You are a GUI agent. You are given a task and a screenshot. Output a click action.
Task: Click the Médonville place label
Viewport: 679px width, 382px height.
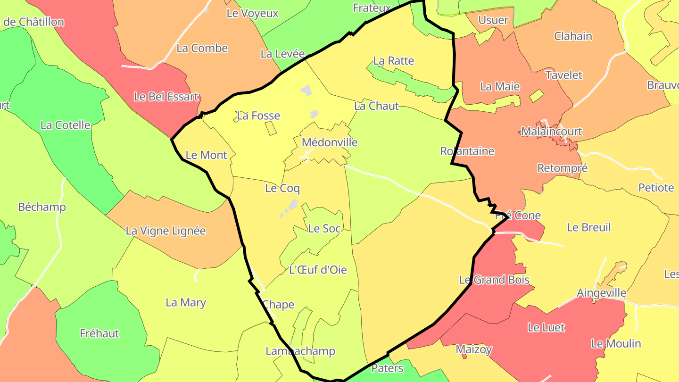pos(330,142)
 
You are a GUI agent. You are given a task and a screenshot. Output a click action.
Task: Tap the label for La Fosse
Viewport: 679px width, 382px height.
pos(258,116)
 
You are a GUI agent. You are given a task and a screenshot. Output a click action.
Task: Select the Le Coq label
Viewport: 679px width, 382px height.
pos(282,189)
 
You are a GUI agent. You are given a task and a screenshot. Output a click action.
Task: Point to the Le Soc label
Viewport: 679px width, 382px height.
pos(324,229)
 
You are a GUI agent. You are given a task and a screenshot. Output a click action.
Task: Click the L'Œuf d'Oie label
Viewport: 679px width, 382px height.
pos(318,270)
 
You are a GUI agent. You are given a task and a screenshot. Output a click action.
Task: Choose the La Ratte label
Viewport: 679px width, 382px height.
pos(393,61)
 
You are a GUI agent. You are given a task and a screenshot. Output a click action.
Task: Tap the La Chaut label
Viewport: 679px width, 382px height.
pos(376,106)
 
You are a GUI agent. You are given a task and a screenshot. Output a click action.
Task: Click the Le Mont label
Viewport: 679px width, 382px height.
pos(206,155)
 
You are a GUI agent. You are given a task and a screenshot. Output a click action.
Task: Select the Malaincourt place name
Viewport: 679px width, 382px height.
pos(551,132)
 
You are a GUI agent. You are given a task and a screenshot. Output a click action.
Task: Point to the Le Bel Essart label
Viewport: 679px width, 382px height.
pos(166,97)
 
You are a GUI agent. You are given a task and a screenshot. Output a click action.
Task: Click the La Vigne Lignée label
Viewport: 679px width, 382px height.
pos(166,231)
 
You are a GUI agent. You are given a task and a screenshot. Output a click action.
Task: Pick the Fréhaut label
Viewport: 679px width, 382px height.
pos(99,333)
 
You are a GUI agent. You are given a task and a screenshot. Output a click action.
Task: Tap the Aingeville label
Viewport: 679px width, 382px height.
pos(601,293)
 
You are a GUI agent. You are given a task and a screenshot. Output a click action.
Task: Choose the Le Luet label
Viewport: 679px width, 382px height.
pos(546,327)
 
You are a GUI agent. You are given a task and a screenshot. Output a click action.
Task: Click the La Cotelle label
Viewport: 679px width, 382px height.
pos(65,125)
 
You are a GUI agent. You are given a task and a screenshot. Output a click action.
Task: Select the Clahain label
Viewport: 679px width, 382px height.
pos(573,36)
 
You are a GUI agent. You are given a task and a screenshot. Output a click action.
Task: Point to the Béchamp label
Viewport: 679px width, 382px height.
pos(42,207)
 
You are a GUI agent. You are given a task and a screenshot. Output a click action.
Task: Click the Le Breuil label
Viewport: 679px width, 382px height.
pos(588,227)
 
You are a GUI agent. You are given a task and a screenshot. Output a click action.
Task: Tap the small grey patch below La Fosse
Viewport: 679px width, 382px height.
pos(314,114)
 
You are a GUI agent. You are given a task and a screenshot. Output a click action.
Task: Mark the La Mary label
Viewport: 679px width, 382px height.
pos(186,302)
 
